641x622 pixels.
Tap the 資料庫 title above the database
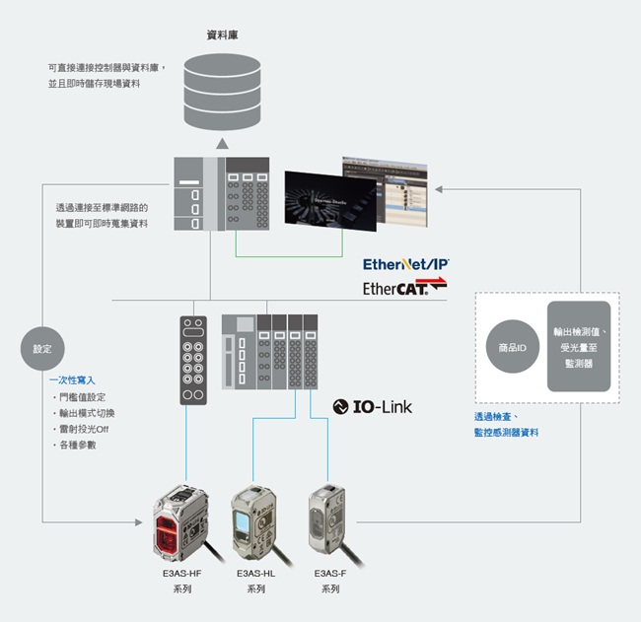click(222, 35)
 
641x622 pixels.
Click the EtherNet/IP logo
click(405, 264)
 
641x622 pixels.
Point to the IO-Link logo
click(373, 406)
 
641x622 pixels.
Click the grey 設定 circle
click(42, 349)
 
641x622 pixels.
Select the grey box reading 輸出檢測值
click(579, 347)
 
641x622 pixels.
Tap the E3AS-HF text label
click(180, 573)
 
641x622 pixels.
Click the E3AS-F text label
click(329, 573)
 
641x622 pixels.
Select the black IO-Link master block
click(193, 360)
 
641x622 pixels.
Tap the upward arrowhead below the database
click(222, 144)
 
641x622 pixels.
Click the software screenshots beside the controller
click(356, 194)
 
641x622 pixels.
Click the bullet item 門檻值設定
click(85, 396)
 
